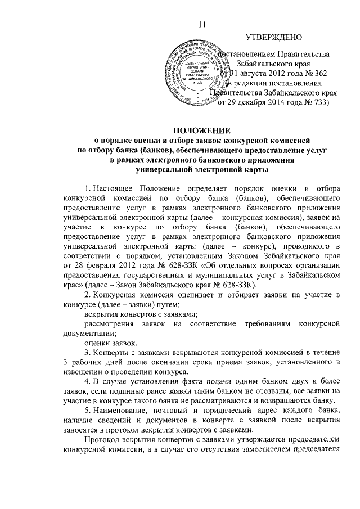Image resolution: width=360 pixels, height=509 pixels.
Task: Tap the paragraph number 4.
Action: (85, 382)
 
